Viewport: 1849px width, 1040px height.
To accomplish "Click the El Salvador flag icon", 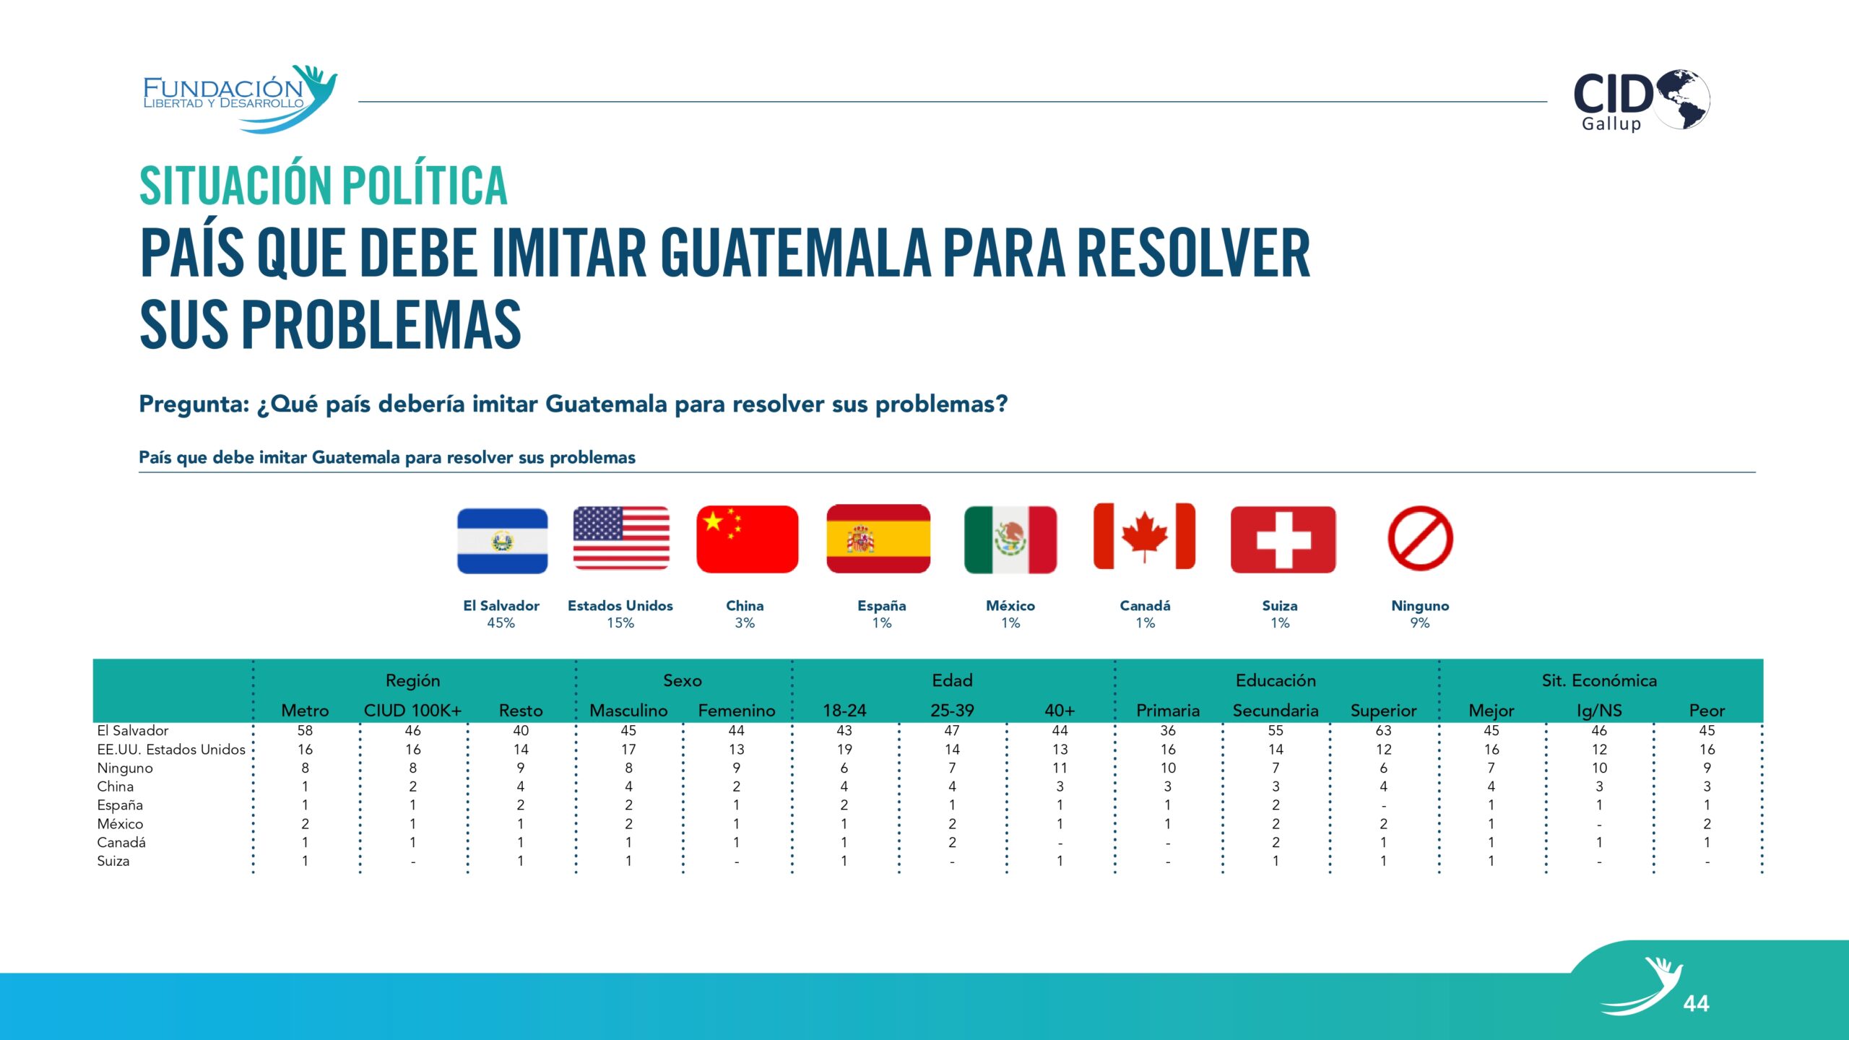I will pyautogui.click(x=502, y=540).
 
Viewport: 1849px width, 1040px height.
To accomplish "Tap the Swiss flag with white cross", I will pyautogui.click(x=1283, y=539).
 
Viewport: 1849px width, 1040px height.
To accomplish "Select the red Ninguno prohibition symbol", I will pyautogui.click(x=1420, y=539).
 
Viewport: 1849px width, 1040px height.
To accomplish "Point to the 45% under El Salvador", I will pyautogui.click(x=501, y=623).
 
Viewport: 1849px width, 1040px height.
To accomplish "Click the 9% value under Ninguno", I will pyautogui.click(x=1419, y=623).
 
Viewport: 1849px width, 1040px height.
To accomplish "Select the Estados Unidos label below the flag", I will pyautogui.click(x=620, y=605).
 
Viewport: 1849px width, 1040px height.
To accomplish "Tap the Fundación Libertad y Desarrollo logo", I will pyautogui.click(x=238, y=97).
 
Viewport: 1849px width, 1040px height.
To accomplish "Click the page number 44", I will pyautogui.click(x=1696, y=1003).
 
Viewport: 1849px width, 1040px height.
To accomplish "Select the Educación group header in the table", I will pyautogui.click(x=1276, y=680).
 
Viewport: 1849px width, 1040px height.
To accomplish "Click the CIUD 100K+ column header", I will pyautogui.click(x=412, y=710).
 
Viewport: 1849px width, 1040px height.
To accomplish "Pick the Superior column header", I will pyautogui.click(x=1383, y=710).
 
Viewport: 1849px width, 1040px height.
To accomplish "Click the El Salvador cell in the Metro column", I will pyautogui.click(x=305, y=730).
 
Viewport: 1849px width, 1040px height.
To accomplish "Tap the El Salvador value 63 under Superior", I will pyautogui.click(x=1383, y=730).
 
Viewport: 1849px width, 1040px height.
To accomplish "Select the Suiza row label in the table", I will pyautogui.click(x=113, y=861).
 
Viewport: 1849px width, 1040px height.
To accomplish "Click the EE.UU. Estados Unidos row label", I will pyautogui.click(x=171, y=749).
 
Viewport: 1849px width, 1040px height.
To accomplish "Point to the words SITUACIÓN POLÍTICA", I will pyautogui.click(x=323, y=186).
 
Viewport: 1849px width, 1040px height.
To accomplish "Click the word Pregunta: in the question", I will pyautogui.click(x=194, y=404).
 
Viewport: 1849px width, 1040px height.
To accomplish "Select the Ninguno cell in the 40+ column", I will pyautogui.click(x=1060, y=768).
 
